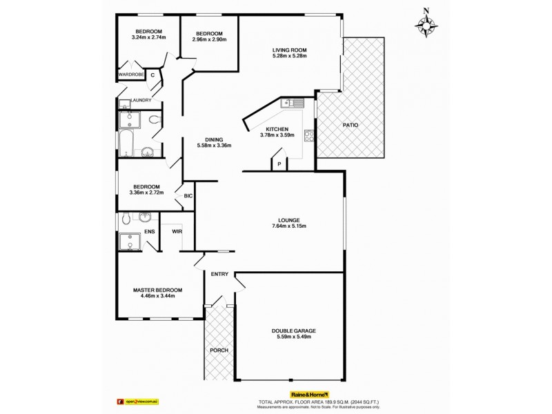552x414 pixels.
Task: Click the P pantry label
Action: (x=278, y=164)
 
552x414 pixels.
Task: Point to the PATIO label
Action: (x=351, y=125)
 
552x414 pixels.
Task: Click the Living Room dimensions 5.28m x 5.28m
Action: (x=289, y=56)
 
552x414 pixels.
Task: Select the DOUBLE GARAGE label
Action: (x=294, y=332)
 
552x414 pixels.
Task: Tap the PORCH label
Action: (x=219, y=351)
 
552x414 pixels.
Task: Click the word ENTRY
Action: (x=219, y=274)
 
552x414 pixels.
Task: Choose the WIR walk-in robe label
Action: (x=177, y=231)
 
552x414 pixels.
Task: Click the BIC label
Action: (x=187, y=197)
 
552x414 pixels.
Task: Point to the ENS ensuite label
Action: (x=149, y=231)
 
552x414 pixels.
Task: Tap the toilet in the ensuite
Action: (x=125, y=219)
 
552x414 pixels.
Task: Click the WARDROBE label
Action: (x=130, y=74)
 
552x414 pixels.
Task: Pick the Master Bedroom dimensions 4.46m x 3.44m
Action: (x=158, y=296)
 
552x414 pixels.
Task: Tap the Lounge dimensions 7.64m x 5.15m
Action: (x=289, y=226)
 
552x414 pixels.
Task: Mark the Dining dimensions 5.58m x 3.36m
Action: (x=214, y=146)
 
